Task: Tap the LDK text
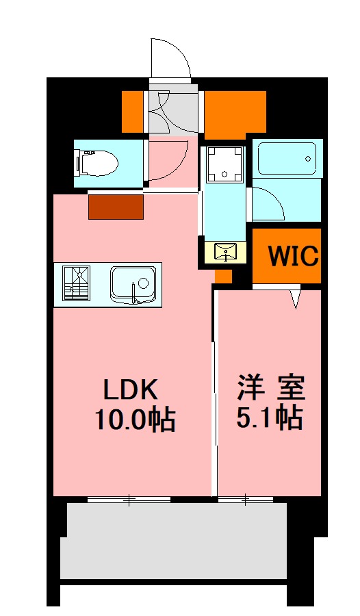(x=131, y=389)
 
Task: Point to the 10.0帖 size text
(x=135, y=419)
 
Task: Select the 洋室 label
(x=270, y=388)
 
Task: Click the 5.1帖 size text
(x=270, y=417)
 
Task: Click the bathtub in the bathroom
(x=287, y=159)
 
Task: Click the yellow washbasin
(x=225, y=253)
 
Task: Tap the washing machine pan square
(x=224, y=165)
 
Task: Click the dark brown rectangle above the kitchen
(x=116, y=207)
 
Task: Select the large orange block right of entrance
(x=235, y=112)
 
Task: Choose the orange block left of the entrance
(x=135, y=111)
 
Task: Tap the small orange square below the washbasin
(x=223, y=276)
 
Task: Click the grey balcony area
(x=174, y=541)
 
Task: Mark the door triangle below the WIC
(x=296, y=299)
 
